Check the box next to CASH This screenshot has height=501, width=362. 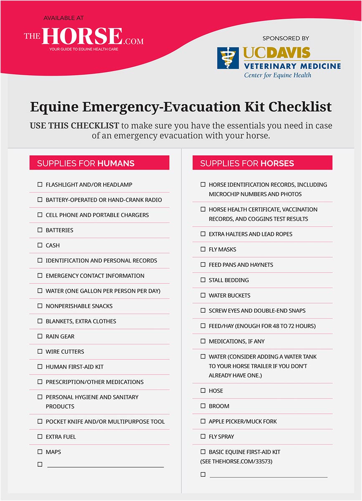(x=40, y=245)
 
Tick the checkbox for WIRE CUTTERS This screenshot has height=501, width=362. (x=40, y=352)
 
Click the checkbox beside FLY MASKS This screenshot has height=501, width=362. (x=203, y=249)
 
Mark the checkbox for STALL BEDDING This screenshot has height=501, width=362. (x=203, y=280)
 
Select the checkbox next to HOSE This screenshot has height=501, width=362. (x=203, y=391)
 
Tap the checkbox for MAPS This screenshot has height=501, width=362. (x=40, y=452)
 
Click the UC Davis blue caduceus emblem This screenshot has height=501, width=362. (x=228, y=58)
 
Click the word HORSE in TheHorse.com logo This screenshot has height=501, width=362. (x=82, y=36)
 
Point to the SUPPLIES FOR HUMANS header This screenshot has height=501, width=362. (x=99, y=163)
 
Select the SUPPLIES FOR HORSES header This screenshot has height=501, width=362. (x=262, y=163)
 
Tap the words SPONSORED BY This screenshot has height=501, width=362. (x=286, y=38)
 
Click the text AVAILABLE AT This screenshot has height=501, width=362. (x=63, y=18)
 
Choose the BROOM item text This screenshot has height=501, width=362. (x=219, y=406)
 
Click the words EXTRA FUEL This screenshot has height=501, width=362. (x=61, y=437)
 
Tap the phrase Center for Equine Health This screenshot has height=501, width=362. (x=278, y=76)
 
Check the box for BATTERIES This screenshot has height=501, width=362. (x=40, y=230)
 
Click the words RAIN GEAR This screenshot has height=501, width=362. (x=60, y=337)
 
